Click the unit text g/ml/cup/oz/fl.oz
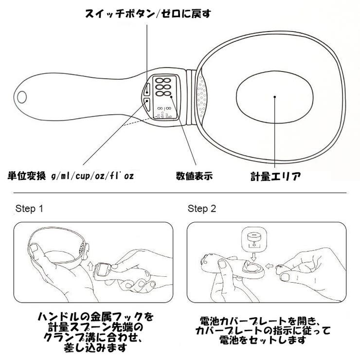[92, 175]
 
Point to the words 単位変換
[27, 175]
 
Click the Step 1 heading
[30, 209]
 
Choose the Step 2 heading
[202, 209]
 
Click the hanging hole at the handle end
[21, 96]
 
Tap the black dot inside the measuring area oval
[275, 97]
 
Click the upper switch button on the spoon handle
[147, 88]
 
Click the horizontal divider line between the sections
[180, 193]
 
